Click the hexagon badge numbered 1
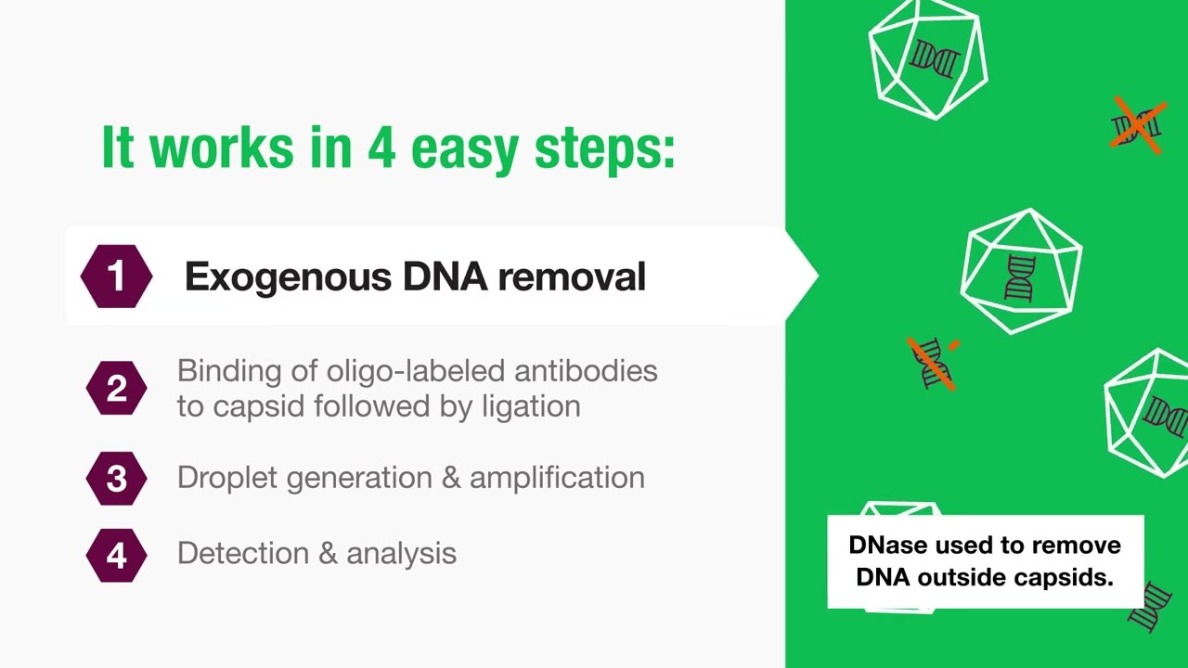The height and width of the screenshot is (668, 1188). tap(116, 276)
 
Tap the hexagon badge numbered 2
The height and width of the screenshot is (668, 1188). tap(116, 388)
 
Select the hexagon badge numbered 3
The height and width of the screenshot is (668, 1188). tap(116, 479)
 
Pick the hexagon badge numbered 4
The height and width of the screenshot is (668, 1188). tap(116, 555)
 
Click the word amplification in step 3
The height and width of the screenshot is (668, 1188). tap(557, 478)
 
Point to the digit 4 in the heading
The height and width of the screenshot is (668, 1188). tap(381, 147)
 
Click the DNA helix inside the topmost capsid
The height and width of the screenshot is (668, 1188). tap(934, 59)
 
